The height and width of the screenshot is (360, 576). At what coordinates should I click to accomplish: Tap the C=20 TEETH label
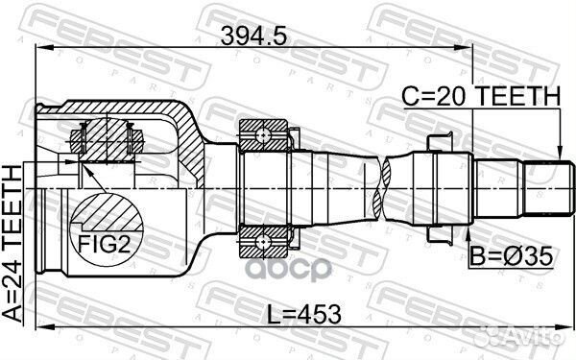tap(480, 95)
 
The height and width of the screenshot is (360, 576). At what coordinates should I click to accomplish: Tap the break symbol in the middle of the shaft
tap(384, 187)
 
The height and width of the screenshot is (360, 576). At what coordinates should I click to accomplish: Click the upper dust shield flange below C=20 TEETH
tap(431, 142)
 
